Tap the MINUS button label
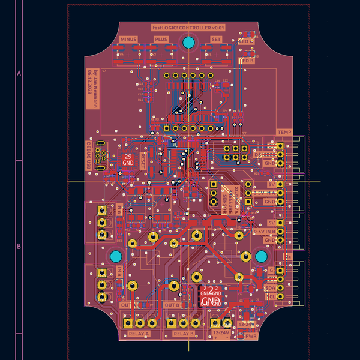pos(128,39)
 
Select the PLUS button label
pos(161,39)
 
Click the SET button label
pos(215,39)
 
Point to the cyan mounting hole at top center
pos(188,42)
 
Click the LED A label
pos(247,42)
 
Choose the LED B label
pos(247,61)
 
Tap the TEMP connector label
pos(284,132)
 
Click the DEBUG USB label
pos(89,155)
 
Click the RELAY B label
pos(184,333)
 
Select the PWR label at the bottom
pos(251,337)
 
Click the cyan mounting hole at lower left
pos(114,257)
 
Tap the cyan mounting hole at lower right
pos(262,257)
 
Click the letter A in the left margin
pos(19,74)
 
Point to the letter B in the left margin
pos(19,246)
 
